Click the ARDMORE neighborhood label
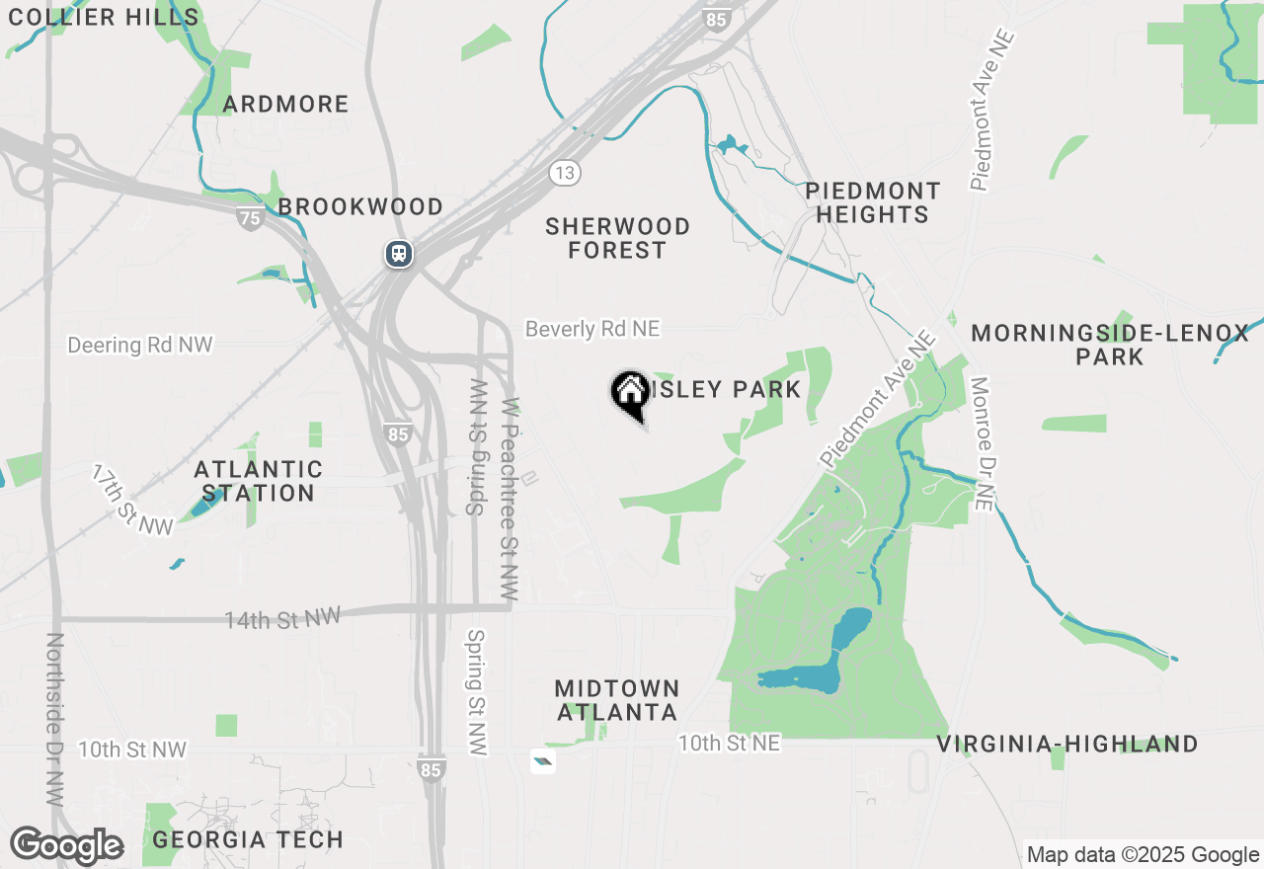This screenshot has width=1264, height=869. pos(285,104)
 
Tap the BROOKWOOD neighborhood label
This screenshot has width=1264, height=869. pos(360,206)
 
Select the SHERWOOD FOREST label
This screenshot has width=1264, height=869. pos(618,238)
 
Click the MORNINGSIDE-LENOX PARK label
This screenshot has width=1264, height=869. pos(1110,345)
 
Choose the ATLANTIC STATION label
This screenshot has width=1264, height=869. pos(259,481)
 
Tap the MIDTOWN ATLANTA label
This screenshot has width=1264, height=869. pos(617,700)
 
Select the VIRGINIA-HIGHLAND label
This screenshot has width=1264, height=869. pos(1067,744)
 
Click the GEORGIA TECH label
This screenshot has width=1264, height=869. pos(249,840)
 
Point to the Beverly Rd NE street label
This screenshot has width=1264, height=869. pos(592,329)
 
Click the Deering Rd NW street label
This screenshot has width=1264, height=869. pos(140,345)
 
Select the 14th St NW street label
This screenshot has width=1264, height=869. pos(282,619)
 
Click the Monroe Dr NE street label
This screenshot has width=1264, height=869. pos(980,443)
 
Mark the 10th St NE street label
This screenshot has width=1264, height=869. pos(730,743)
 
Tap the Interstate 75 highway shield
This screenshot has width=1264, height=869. pos(251,218)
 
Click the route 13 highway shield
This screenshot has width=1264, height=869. pos(564,173)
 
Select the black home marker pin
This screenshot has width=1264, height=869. pos(629,393)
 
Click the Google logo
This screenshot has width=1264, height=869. pos(67,846)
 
